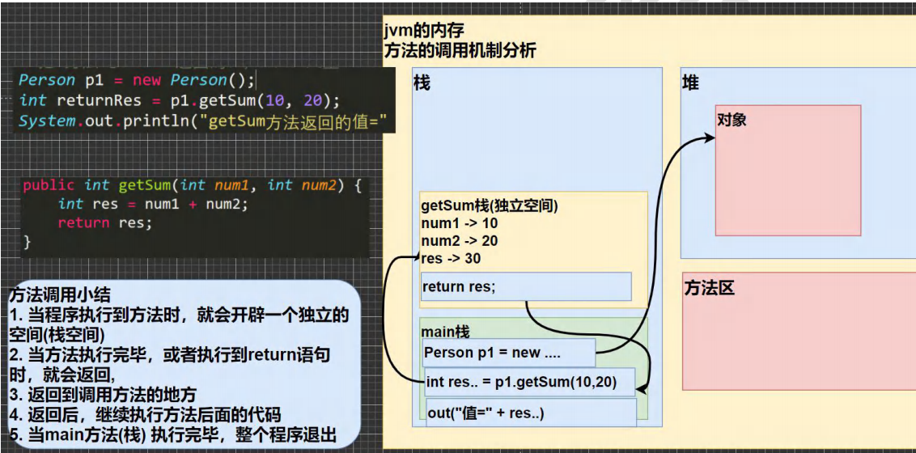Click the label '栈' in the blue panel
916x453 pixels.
click(x=422, y=83)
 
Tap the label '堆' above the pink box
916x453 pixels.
click(x=690, y=83)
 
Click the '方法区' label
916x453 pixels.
click(x=710, y=288)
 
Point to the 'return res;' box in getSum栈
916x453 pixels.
click(x=525, y=286)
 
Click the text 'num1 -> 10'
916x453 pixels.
click(x=460, y=223)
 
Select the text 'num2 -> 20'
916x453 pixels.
click(x=460, y=241)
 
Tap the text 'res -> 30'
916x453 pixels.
click(x=452, y=259)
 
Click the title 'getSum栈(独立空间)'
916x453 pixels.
click(x=490, y=205)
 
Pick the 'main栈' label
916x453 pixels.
click(x=445, y=332)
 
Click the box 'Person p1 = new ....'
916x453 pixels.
click(x=508, y=353)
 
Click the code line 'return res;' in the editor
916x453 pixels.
click(x=104, y=222)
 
